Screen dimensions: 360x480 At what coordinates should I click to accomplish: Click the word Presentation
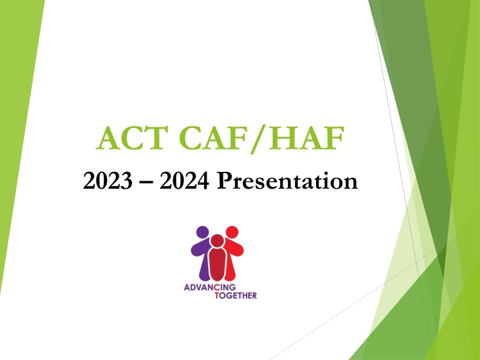pyautogui.click(x=287, y=180)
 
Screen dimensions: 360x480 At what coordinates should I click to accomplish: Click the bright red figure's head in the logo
pyautogui.click(x=231, y=233)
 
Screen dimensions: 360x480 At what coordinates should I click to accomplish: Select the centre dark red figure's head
pyautogui.click(x=217, y=241)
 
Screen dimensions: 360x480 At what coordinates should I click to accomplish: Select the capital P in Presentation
pyautogui.click(x=222, y=180)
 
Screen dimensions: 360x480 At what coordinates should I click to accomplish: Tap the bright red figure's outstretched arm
pyautogui.click(x=239, y=249)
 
